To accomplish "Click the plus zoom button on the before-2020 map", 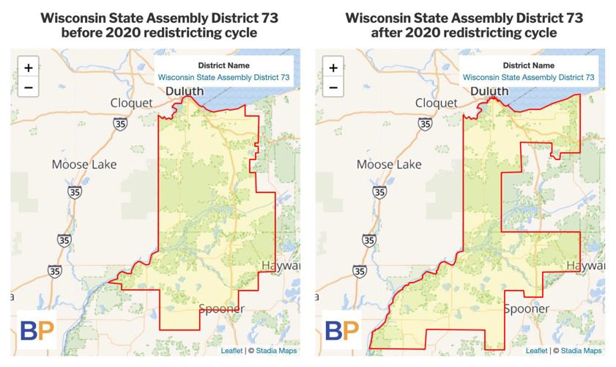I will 28,68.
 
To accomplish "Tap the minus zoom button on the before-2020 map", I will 28,87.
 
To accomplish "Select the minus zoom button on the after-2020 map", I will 333,87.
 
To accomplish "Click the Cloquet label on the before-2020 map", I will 132,103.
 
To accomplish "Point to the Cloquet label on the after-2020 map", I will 437,103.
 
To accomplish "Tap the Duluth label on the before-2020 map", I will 182,91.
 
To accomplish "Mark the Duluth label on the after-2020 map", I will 489,91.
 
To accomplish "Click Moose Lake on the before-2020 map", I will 84,164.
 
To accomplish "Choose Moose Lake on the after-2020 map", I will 389,164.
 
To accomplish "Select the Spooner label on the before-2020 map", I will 223,309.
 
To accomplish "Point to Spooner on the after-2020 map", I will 527,309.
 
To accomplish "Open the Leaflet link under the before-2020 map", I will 232,351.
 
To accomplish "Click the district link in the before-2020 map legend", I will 224,77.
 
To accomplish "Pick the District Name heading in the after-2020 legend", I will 529,65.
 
